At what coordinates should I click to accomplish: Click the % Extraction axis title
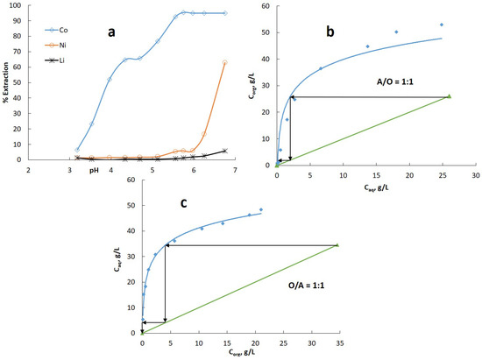coord(6,82)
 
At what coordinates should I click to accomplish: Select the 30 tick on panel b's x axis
coord(474,175)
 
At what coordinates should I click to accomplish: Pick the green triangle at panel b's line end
coord(449,96)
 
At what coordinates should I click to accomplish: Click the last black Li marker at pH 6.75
coord(225,151)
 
